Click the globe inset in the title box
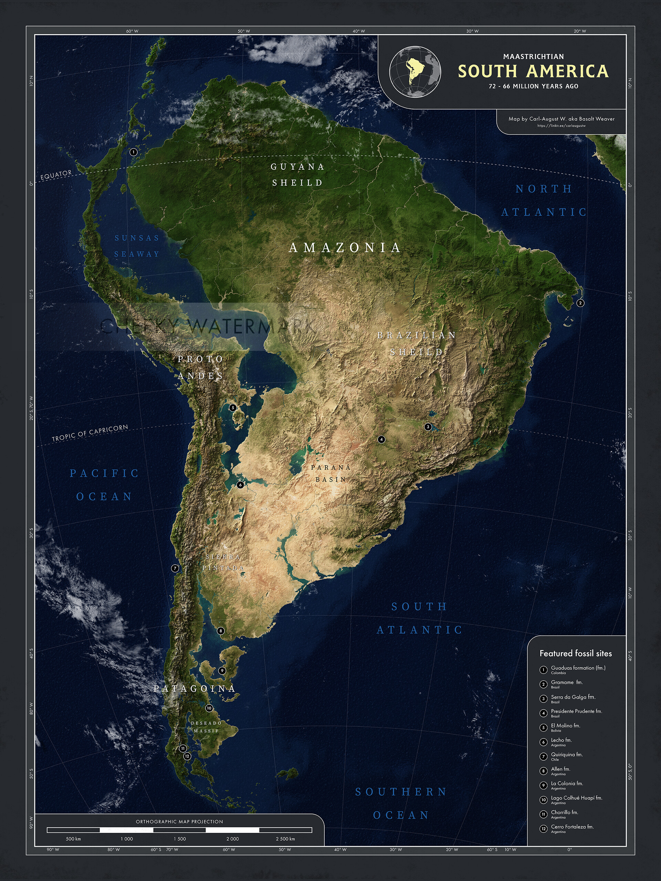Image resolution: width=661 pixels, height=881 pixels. [x=415, y=72]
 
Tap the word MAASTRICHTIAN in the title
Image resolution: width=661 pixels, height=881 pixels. [x=533, y=56]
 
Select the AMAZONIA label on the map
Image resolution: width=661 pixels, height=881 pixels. [x=344, y=248]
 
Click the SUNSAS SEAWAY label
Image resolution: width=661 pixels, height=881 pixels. [x=137, y=246]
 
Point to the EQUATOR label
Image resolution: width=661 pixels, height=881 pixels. [x=56, y=175]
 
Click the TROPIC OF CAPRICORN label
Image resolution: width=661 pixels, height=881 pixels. [x=90, y=433]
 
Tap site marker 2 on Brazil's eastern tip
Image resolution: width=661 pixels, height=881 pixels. [x=580, y=303]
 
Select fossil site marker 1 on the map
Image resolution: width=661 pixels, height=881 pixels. [x=134, y=152]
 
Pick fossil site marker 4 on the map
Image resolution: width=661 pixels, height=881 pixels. [x=381, y=439]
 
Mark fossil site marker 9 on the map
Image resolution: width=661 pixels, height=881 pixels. [x=222, y=671]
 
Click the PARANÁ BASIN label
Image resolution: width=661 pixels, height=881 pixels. [x=331, y=473]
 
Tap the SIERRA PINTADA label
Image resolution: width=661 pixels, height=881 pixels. [x=223, y=562]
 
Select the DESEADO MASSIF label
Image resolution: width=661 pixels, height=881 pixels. [x=206, y=727]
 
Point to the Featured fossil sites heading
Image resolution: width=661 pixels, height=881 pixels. [x=575, y=654]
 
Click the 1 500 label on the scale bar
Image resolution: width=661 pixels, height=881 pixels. [x=180, y=839]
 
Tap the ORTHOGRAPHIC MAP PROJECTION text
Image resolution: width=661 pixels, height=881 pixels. [x=179, y=822]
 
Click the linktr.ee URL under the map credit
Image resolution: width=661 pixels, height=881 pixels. [x=561, y=126]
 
